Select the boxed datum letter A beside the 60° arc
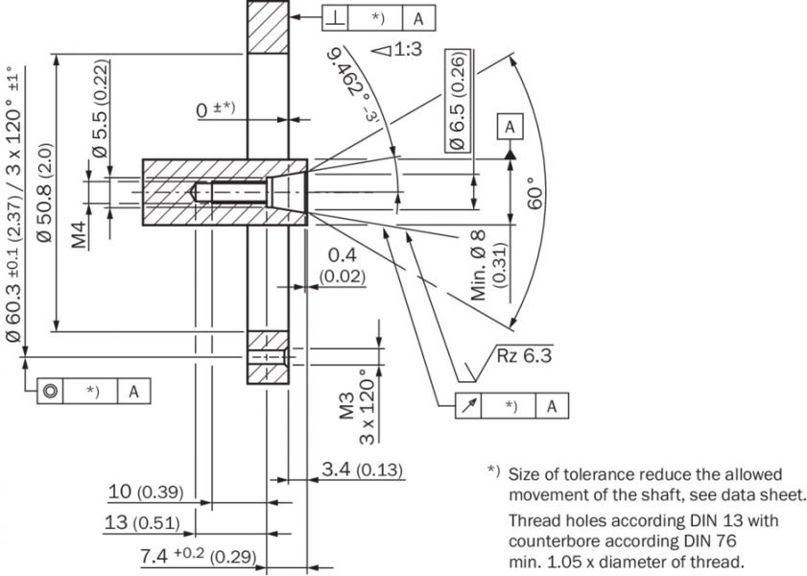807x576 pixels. tap(510, 126)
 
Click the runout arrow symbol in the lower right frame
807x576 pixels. tap(468, 405)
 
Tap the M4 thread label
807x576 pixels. tap(81, 233)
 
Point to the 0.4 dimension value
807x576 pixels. tap(343, 255)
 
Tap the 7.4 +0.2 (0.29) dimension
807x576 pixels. tap(199, 554)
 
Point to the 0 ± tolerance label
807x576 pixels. tap(216, 109)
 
